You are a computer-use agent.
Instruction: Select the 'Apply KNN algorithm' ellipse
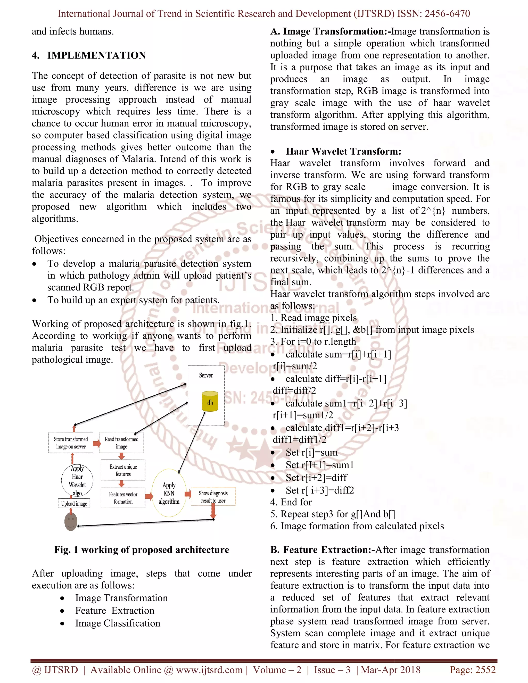[x=169, y=493]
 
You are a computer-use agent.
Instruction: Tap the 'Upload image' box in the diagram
[x=74, y=504]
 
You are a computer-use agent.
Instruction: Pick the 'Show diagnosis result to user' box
[x=213, y=497]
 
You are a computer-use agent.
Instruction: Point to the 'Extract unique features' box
[x=123, y=470]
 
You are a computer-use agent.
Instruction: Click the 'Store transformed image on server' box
[x=71, y=443]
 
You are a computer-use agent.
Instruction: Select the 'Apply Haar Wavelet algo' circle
[x=77, y=480]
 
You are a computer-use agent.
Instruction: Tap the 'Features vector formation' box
[x=123, y=497]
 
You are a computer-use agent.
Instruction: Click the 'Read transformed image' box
[x=121, y=443]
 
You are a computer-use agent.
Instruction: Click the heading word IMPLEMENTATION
[x=96, y=55]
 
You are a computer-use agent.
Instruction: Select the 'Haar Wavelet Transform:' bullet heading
[x=343, y=151]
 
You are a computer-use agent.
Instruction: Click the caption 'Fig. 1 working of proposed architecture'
[x=141, y=550]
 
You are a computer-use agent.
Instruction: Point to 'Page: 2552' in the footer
[x=472, y=670]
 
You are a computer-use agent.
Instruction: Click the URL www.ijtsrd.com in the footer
[x=209, y=670]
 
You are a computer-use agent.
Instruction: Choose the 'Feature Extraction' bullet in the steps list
[x=115, y=610]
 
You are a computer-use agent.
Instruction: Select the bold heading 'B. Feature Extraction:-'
[x=322, y=550]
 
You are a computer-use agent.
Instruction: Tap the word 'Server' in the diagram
[x=206, y=375]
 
